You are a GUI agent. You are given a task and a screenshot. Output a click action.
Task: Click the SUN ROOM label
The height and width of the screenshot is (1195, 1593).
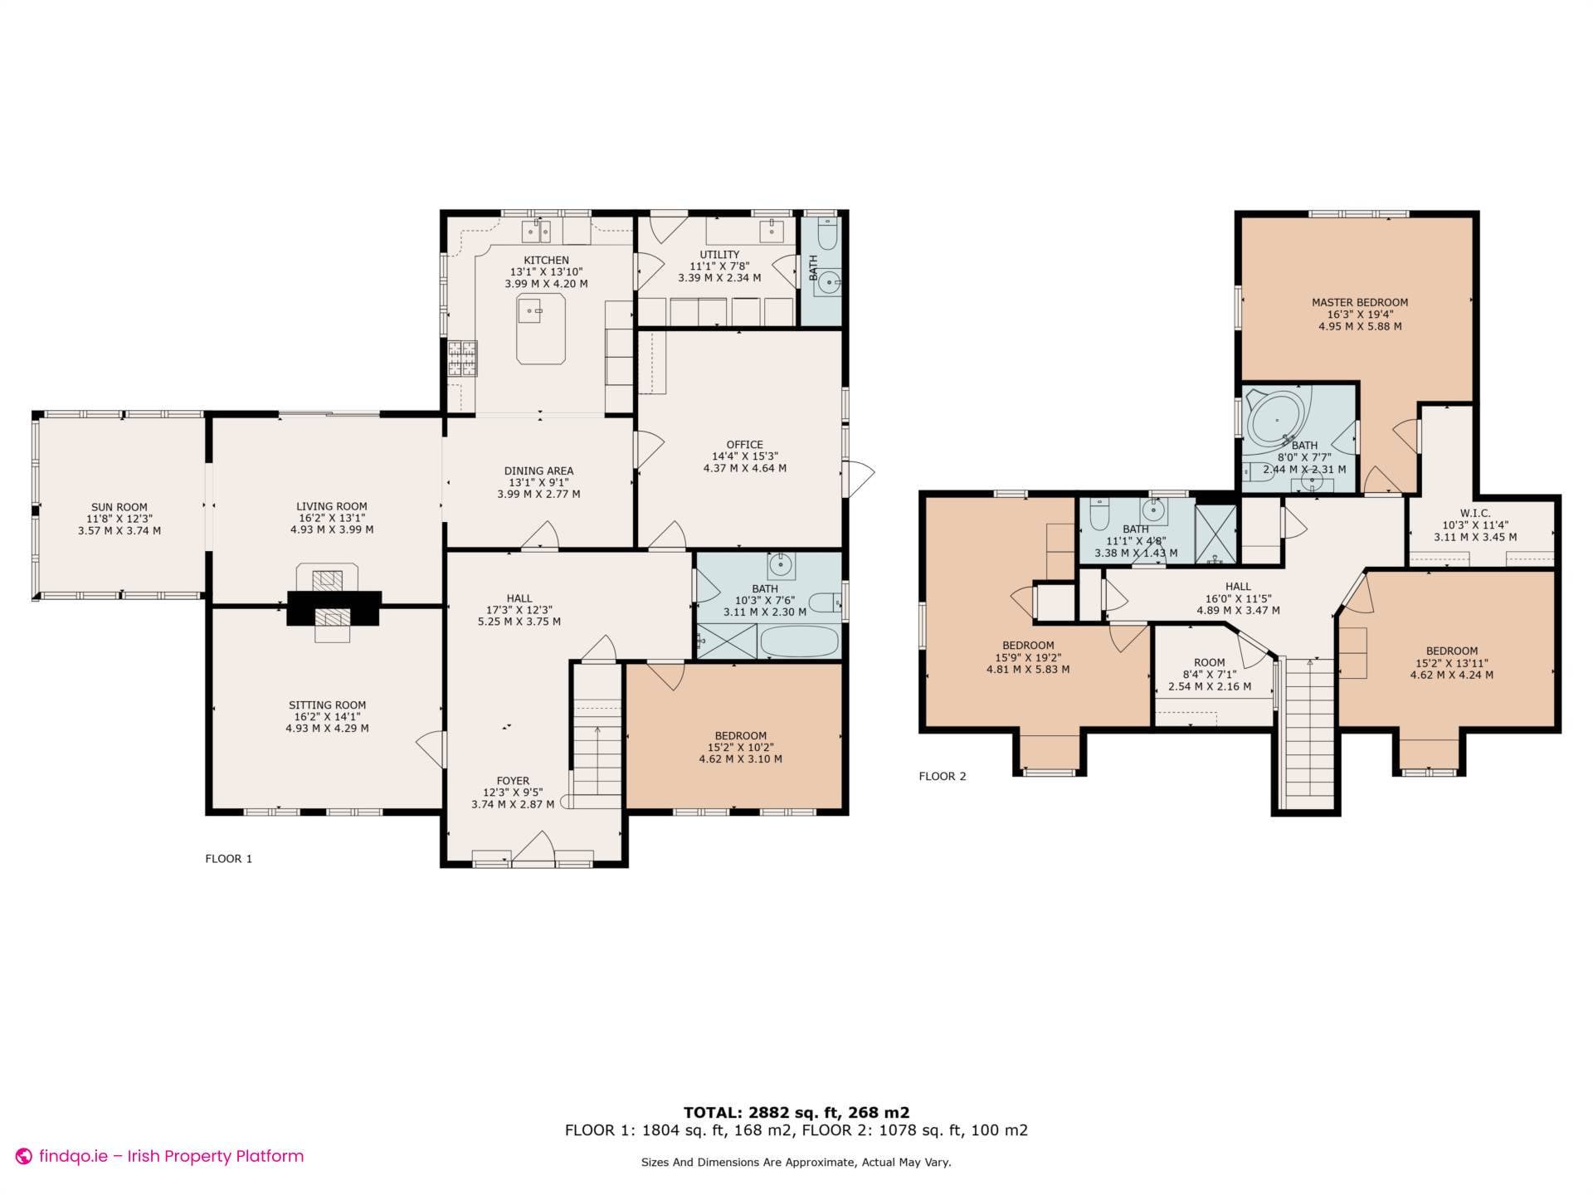click(119, 507)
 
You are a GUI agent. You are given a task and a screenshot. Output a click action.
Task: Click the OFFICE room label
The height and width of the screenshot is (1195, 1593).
click(744, 445)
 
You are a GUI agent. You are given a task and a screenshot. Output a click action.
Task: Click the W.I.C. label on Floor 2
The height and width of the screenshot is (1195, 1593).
click(1475, 514)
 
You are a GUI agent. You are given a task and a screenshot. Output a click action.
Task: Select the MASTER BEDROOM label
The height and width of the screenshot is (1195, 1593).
click(1359, 303)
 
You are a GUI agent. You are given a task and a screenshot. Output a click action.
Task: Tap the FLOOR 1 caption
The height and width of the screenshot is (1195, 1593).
click(228, 859)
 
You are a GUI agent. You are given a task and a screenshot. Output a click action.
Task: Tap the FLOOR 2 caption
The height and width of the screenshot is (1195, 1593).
click(942, 777)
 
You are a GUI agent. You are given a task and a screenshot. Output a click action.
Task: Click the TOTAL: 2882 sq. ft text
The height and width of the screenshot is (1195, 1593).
click(796, 1112)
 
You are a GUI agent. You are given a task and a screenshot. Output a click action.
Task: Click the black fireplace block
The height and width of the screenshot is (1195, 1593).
click(334, 608)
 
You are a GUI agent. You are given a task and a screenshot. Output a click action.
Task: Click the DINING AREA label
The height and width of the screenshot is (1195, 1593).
click(538, 471)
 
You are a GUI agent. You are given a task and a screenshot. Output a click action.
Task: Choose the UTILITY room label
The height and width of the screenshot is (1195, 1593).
click(719, 255)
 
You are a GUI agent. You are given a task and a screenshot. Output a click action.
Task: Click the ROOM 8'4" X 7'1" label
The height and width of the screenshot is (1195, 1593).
click(1209, 663)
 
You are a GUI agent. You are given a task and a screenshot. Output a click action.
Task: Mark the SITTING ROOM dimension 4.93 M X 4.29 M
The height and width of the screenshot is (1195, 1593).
click(327, 729)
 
